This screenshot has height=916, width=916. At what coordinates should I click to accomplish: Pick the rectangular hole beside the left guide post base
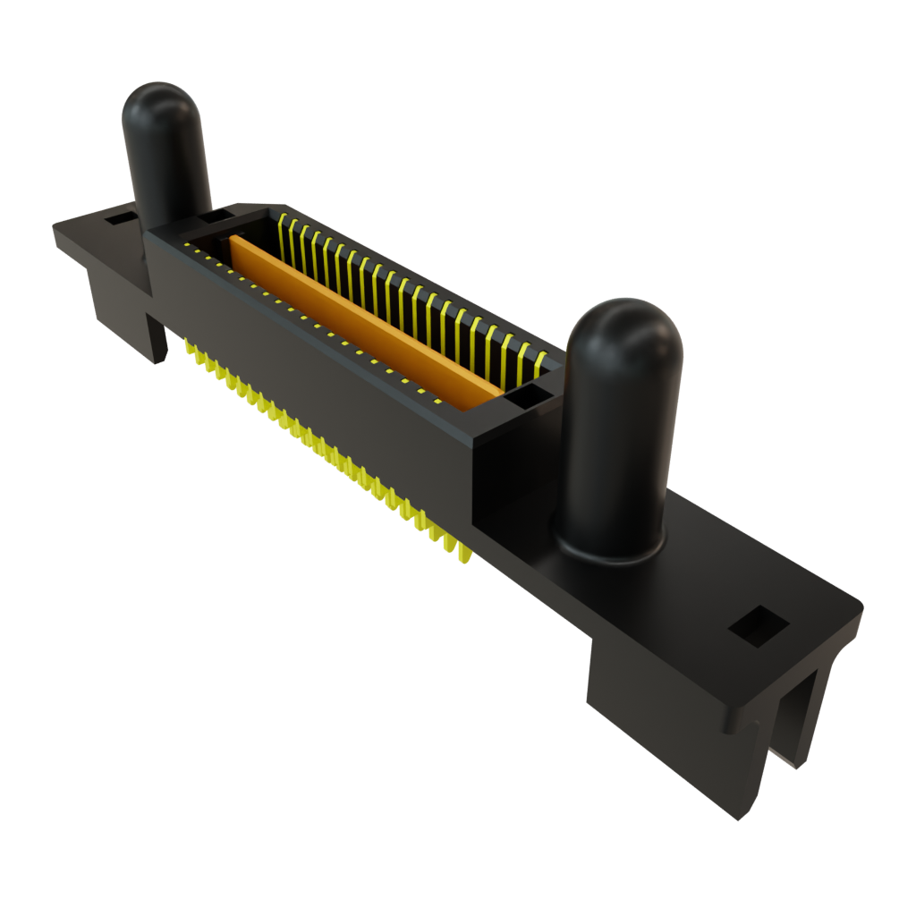click(214, 216)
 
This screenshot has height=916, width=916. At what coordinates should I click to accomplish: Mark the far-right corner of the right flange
click(861, 612)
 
